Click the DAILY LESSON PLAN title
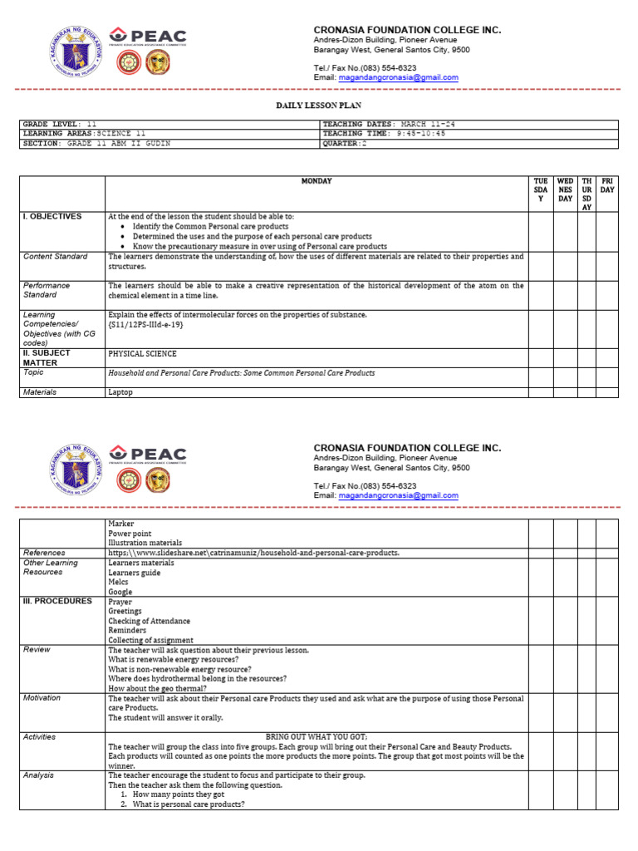coord(318,106)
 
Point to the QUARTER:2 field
coord(344,144)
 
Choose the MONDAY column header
coord(316,181)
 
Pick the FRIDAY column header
coord(608,185)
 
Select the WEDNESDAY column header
coord(565,189)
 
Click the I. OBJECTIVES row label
coord(52,217)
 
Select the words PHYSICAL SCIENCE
coord(142,353)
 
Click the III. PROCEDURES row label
coord(57,601)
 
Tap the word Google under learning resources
coord(120,592)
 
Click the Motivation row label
coord(43,698)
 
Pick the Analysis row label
coord(40,775)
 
